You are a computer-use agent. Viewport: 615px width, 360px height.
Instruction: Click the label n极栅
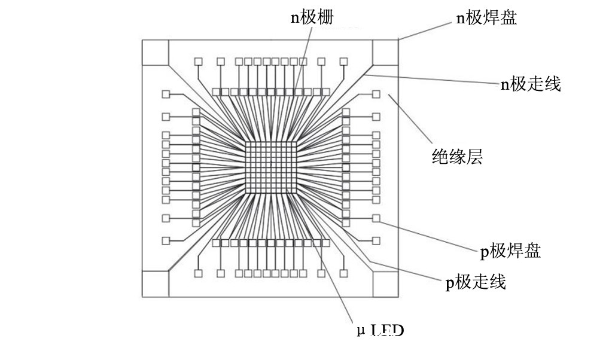[312, 17]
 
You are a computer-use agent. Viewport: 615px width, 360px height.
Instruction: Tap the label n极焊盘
[486, 18]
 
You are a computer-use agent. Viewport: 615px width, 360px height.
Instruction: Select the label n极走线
[531, 84]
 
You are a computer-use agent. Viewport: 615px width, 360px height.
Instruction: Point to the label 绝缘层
[457, 157]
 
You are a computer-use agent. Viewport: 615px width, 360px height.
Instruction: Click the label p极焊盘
[510, 251]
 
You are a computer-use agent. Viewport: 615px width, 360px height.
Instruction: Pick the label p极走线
[476, 282]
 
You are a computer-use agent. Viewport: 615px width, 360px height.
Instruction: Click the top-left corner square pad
[155, 53]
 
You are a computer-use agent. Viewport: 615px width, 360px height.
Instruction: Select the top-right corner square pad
[385, 53]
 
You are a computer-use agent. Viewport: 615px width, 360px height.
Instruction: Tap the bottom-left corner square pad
[155, 283]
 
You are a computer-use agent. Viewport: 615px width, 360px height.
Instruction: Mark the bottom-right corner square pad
[385, 283]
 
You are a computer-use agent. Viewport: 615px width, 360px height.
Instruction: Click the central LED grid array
[270, 168]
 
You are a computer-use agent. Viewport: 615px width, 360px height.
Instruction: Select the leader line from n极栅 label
[302, 60]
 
